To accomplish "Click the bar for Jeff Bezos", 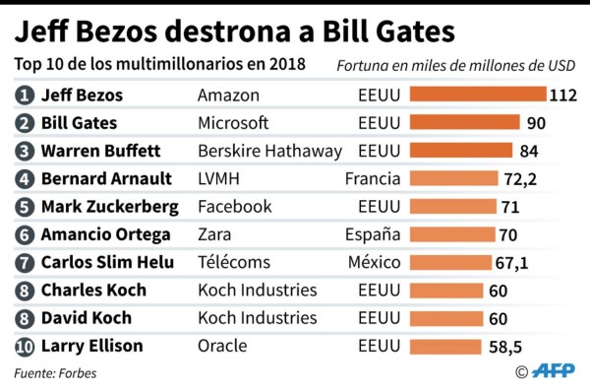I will coord(477,95).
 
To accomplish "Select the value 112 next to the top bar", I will coord(562,96).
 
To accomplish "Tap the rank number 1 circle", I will coord(25,96).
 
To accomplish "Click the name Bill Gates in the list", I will coord(79,123).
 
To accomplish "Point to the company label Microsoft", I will coord(233,123).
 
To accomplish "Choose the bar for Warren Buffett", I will coord(460,151).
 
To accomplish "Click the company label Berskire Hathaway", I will coord(269,151).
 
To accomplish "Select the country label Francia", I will coord(373,178).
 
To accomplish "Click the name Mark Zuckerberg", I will coord(109,207).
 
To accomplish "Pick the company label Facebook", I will coord(234,207).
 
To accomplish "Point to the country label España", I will coord(373,234).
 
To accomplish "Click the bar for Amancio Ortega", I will coord(452,234).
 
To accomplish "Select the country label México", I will coord(374,262).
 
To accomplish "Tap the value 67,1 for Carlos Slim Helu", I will coord(517,263).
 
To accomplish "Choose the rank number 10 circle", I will coord(25,346).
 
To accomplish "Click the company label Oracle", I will coord(222,346).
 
